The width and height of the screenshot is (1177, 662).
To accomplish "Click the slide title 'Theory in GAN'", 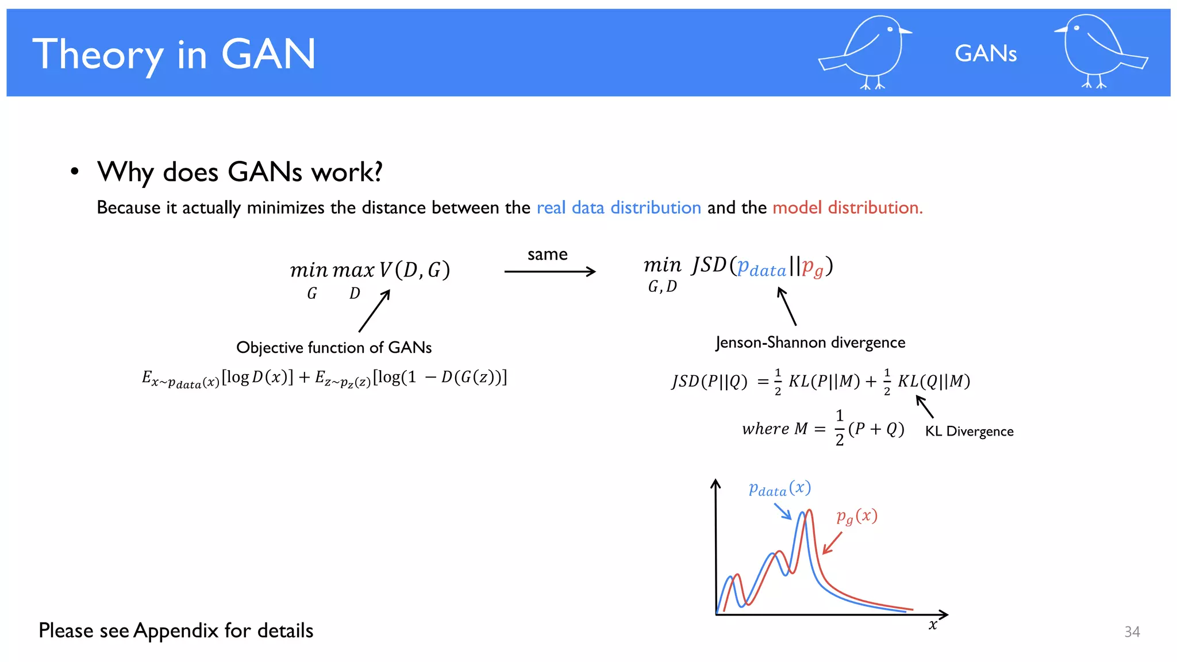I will pyautogui.click(x=174, y=54).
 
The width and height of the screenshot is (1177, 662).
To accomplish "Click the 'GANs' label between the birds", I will pyautogui.click(x=986, y=53).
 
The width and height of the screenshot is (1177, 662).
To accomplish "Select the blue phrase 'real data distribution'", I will pyautogui.click(x=618, y=207).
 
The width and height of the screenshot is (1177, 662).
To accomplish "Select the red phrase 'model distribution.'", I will pyautogui.click(x=847, y=207).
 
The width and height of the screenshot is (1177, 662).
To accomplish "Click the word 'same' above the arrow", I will pyautogui.click(x=547, y=254).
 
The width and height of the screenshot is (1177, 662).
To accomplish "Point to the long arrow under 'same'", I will pyautogui.click(x=549, y=271).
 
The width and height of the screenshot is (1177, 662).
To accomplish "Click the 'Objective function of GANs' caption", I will pyautogui.click(x=334, y=347).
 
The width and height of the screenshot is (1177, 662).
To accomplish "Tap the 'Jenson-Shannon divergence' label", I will pyautogui.click(x=810, y=342).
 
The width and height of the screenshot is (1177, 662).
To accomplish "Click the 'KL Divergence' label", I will pyautogui.click(x=969, y=431).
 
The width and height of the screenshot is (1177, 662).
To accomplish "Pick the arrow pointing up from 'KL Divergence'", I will pyautogui.click(x=925, y=406).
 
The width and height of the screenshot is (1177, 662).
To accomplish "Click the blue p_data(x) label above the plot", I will pyautogui.click(x=779, y=488).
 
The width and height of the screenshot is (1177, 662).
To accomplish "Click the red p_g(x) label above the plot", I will pyautogui.click(x=857, y=516).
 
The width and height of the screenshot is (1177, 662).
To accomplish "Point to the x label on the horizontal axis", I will pyautogui.click(x=933, y=625).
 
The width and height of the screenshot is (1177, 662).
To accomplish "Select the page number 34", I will pyautogui.click(x=1132, y=632).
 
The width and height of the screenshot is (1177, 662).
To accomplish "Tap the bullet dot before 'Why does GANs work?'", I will pyautogui.click(x=74, y=171).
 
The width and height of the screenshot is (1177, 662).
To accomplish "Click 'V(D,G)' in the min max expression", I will pyautogui.click(x=414, y=270).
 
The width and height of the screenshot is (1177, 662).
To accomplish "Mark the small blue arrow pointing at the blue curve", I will pyautogui.click(x=783, y=511).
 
